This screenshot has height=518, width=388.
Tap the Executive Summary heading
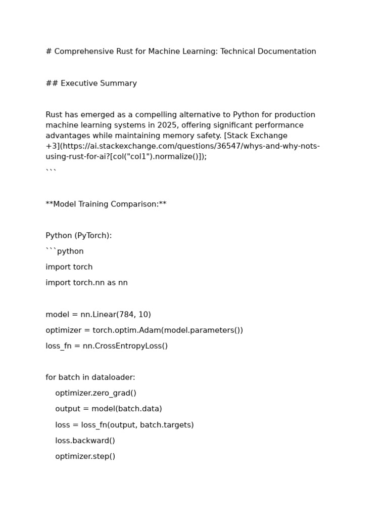click(x=91, y=83)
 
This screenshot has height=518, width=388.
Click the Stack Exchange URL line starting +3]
click(x=182, y=146)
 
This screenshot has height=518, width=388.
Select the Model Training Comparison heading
click(x=106, y=204)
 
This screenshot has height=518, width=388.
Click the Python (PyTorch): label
click(x=79, y=236)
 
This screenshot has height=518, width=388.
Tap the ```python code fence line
click(x=65, y=251)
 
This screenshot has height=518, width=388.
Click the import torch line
click(x=69, y=267)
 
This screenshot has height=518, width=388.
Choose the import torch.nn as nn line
click(x=86, y=283)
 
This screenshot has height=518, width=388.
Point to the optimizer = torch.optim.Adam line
click(x=144, y=330)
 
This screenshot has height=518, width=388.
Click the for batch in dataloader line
click(x=90, y=377)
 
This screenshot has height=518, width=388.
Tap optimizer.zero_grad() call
click(x=96, y=393)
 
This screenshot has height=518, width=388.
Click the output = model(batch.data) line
click(x=109, y=409)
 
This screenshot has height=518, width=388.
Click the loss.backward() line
click(x=85, y=441)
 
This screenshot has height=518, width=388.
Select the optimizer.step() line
click(x=85, y=456)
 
